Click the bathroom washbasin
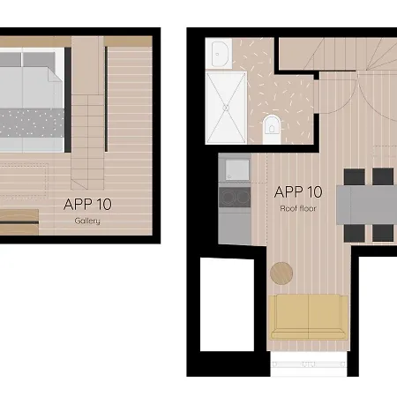tap(221, 55)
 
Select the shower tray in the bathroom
tap(227, 107)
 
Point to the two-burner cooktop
tap(235, 198)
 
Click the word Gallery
tap(87, 221)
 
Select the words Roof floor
tap(298, 209)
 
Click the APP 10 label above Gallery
tap(87, 204)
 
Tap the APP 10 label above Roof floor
tap(298, 191)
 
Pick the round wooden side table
tap(281, 273)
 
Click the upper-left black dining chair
tap(354, 176)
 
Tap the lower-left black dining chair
tap(354, 232)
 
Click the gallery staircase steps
tap(87, 132)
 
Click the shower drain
tap(226, 107)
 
